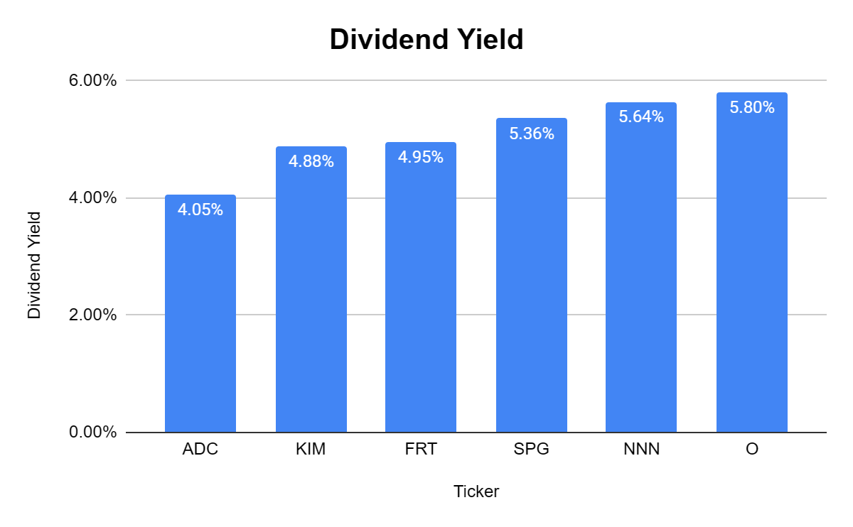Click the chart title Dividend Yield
(x=426, y=40)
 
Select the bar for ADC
(x=200, y=320)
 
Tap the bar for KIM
(x=311, y=298)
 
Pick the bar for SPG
(x=531, y=284)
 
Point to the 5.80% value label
(x=751, y=108)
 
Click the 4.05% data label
(x=200, y=210)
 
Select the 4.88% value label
(x=311, y=162)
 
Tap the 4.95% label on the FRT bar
(x=421, y=158)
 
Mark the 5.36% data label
(x=531, y=134)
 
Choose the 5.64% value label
(x=641, y=117)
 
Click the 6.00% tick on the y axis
(x=93, y=81)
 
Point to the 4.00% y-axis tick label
(x=93, y=198)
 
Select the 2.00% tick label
(x=93, y=315)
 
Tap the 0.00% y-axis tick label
(x=93, y=433)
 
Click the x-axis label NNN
(x=641, y=450)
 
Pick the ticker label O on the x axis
(x=751, y=450)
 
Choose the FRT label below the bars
(x=421, y=450)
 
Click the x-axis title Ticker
(x=476, y=491)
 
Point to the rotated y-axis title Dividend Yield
(x=34, y=266)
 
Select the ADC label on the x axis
(x=200, y=450)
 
